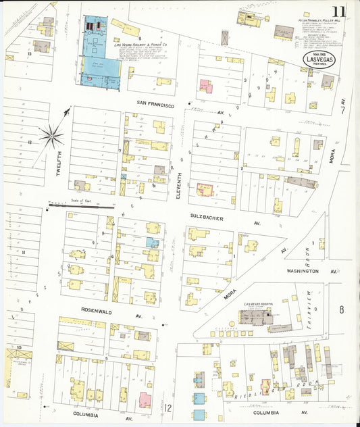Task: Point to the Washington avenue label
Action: (x=302, y=271)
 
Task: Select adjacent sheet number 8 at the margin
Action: (x=342, y=309)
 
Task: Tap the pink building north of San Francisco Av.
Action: (x=205, y=86)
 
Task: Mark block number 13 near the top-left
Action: (x=30, y=52)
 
